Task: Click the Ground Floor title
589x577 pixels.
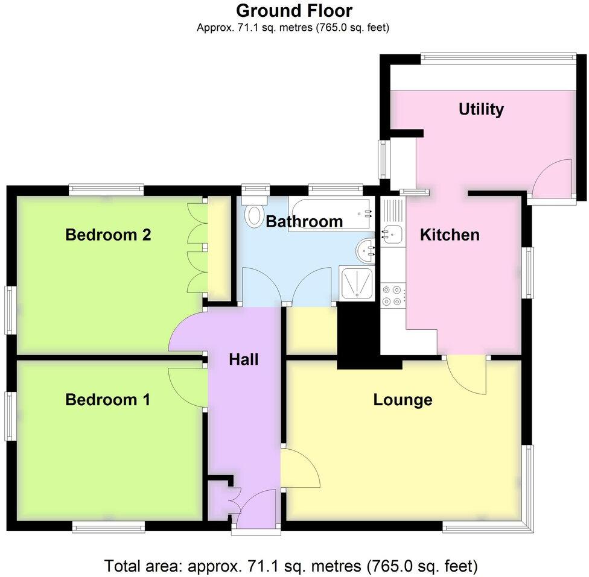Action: pyautogui.click(x=294, y=10)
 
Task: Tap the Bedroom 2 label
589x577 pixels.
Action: pyautogui.click(x=108, y=235)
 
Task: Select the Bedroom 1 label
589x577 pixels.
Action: pyautogui.click(x=108, y=400)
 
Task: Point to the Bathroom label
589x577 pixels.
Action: pyautogui.click(x=304, y=221)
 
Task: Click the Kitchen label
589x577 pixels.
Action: pyautogui.click(x=450, y=235)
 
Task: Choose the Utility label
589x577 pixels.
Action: pyautogui.click(x=481, y=109)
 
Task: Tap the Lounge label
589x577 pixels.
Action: pyautogui.click(x=403, y=400)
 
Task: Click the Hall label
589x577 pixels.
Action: pyautogui.click(x=244, y=360)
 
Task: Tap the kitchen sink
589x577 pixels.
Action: pyautogui.click(x=393, y=233)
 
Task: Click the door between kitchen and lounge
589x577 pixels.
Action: pyautogui.click(x=468, y=374)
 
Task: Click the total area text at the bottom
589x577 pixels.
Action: pyautogui.click(x=291, y=566)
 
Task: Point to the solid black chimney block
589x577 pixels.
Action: pyautogui.click(x=356, y=335)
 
